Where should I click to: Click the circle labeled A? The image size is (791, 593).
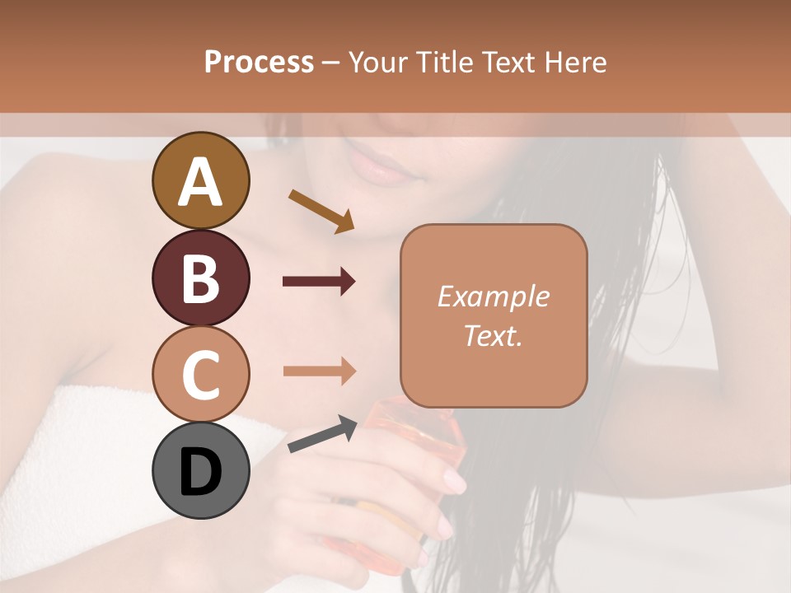[x=200, y=180]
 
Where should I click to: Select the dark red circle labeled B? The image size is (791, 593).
[x=200, y=278]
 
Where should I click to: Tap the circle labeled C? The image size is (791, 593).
[x=200, y=374]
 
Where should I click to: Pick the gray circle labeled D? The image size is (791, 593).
[x=200, y=471]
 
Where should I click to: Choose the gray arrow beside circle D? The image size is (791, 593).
[x=322, y=435]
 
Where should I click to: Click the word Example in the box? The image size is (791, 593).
[x=493, y=296]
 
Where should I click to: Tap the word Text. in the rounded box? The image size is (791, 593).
[x=493, y=335]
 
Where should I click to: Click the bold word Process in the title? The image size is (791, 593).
[x=259, y=62]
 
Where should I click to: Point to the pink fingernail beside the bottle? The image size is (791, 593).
[x=454, y=478]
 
